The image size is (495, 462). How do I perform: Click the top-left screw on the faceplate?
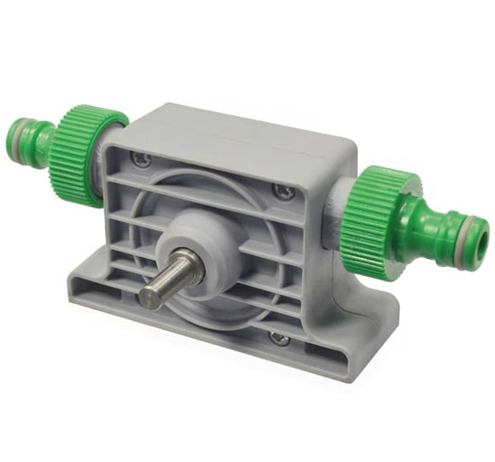[x=140, y=159]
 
